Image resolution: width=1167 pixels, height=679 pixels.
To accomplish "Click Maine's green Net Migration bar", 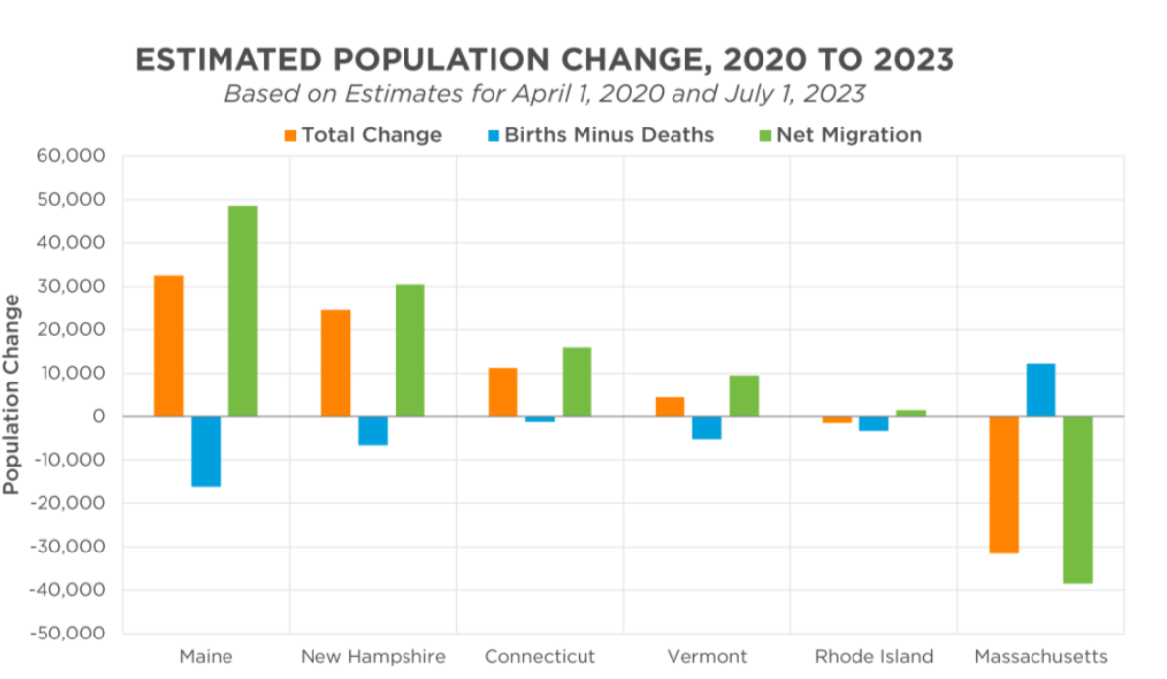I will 242,310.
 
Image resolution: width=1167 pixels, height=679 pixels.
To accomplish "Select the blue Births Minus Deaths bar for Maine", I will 205,452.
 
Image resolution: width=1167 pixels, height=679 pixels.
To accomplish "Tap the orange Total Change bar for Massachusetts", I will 1003,484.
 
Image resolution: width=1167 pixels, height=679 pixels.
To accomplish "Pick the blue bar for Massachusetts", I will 1040,390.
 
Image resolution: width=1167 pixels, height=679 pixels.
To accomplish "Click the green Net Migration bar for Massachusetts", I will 1078,499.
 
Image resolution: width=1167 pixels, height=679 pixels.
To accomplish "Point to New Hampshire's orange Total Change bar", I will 335,363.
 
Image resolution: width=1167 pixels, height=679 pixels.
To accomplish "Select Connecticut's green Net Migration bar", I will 577,382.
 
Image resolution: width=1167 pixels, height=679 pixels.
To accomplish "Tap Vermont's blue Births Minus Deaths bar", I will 706,427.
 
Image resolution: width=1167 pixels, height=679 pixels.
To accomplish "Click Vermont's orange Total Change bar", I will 670,406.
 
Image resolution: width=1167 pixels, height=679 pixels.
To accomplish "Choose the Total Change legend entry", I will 362,135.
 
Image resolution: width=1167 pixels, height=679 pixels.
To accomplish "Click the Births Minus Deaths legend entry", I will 599,135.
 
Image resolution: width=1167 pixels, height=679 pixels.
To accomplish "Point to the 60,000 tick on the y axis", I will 71,156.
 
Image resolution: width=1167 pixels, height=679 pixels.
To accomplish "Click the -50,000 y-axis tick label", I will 68,634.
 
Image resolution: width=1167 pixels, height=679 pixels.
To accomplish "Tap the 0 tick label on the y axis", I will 98,417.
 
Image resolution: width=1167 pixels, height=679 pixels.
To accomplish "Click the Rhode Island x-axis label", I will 873,657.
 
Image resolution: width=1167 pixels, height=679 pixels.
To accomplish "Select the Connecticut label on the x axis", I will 540,657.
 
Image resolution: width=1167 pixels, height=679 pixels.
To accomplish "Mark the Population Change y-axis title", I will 12,393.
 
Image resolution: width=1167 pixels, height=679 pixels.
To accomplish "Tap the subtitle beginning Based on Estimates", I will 545,95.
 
